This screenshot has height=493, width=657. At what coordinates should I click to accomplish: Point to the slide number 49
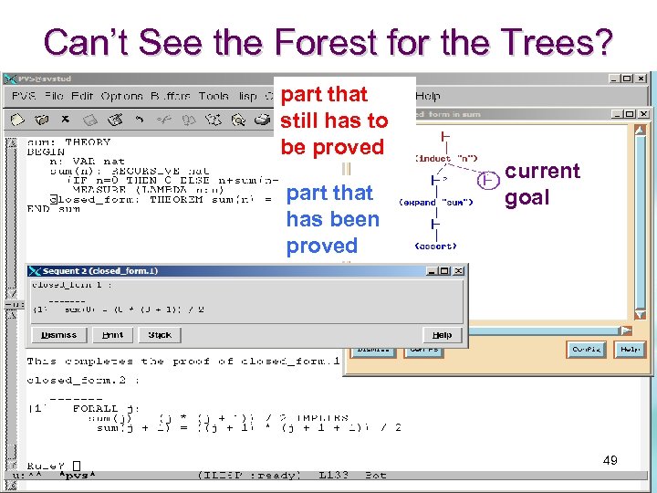pos(610,460)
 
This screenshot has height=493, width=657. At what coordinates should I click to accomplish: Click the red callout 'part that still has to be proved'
pos(334,121)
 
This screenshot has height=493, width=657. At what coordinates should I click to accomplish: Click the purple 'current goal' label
pos(542,184)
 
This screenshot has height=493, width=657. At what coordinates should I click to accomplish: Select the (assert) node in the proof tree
pos(436,246)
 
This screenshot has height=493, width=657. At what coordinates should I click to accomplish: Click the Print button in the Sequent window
pos(112,335)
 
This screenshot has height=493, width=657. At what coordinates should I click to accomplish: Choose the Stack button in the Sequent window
pos(160,335)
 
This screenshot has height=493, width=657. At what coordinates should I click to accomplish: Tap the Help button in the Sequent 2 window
pos(442,335)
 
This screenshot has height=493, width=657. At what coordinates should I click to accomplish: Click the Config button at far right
pos(586,349)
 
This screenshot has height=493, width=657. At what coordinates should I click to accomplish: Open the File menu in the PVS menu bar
pos(54,96)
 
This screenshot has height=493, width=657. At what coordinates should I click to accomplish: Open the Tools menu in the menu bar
pos(214,96)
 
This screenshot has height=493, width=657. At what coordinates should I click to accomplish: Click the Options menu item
pos(121,96)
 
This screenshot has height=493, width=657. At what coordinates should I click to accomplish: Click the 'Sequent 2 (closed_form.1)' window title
pos(100,271)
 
